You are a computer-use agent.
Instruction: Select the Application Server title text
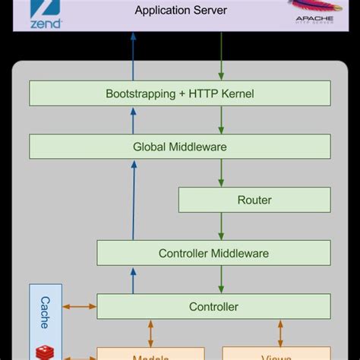[180, 10]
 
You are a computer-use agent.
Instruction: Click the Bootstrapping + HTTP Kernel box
[180, 93]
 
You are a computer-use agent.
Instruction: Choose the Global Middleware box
[180, 147]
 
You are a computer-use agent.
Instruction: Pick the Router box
[254, 200]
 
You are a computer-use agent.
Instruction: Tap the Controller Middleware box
[213, 253]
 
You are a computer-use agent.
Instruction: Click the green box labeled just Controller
[213, 307]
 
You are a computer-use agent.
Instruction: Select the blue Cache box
[46, 312]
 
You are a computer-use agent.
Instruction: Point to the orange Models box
[150, 354]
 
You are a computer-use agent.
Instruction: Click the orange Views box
[276, 354]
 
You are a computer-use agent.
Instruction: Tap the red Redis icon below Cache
[46, 352]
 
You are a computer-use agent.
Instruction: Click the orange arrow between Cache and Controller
[80, 307]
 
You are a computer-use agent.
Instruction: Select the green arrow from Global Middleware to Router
[221, 173]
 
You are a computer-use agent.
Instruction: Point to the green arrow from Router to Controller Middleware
[221, 226]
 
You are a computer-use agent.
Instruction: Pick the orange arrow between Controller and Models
[150, 333]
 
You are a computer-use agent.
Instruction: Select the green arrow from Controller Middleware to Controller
[221, 279]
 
